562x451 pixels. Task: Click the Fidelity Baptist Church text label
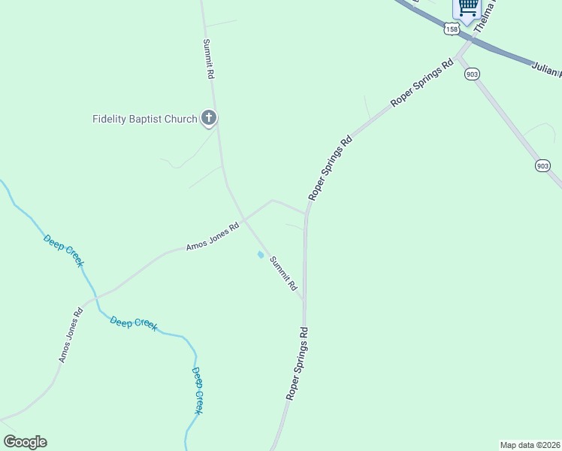[144, 119]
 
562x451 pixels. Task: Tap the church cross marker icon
[209, 118]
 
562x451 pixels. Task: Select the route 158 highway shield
[451, 29]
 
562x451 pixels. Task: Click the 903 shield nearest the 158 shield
[472, 74]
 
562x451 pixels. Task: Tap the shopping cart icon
[467, 8]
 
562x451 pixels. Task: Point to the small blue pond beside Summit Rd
[261, 255]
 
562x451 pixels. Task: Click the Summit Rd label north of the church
[209, 60]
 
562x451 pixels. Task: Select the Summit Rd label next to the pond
[283, 274]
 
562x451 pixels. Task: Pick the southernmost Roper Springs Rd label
[297, 362]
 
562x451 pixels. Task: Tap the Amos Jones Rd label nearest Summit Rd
[213, 237]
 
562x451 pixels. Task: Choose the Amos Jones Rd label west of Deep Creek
[71, 335]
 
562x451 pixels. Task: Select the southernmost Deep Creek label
[197, 391]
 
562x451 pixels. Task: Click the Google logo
[25, 442]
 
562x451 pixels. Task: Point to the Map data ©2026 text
[530, 445]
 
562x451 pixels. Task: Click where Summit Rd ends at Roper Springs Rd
[304, 300]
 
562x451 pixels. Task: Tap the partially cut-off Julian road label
[547, 70]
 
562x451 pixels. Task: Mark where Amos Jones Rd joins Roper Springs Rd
[306, 213]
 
